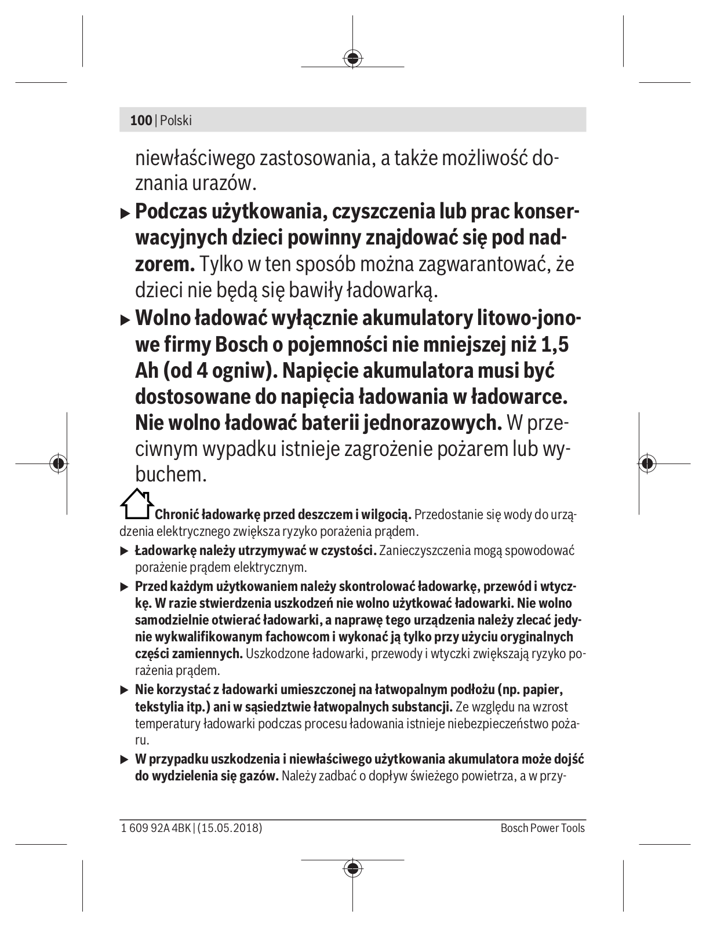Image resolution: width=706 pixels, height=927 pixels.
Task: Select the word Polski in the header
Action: tap(176, 121)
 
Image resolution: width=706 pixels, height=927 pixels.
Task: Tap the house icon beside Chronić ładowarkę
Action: tap(137, 504)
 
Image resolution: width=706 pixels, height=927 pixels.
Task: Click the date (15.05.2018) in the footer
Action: tap(230, 828)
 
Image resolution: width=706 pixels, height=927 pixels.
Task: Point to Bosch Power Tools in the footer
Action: tap(543, 828)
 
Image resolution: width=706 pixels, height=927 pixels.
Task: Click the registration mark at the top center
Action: tap(352, 58)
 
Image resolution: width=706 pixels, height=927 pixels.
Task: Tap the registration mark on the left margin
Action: tap(58, 463)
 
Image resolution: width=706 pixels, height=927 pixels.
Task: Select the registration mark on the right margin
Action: tap(647, 463)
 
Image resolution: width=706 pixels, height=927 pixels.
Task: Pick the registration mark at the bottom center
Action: tap(352, 868)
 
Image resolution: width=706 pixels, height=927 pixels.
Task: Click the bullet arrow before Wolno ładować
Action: tap(125, 320)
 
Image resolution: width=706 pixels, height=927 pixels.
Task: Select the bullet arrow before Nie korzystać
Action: tap(124, 691)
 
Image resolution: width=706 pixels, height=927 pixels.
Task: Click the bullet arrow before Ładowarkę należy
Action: tap(124, 550)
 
